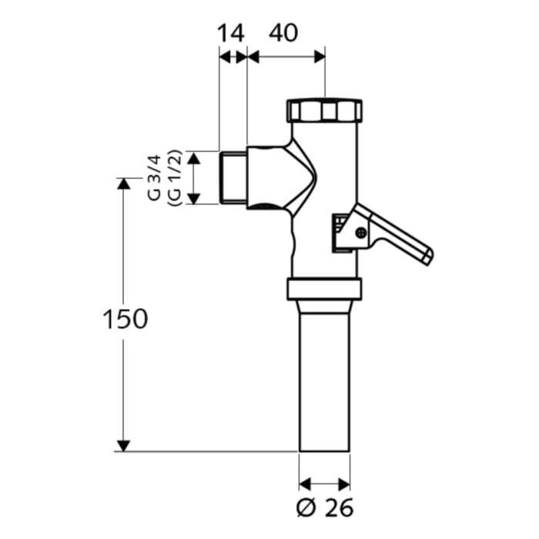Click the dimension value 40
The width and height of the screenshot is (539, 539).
click(283, 33)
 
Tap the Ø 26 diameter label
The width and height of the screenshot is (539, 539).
click(324, 508)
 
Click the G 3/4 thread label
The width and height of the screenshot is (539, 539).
click(156, 178)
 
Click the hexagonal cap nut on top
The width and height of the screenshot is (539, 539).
click(324, 111)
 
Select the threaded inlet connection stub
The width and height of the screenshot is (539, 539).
click(233, 178)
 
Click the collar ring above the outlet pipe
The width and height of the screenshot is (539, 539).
click(324, 290)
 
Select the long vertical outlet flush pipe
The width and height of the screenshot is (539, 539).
click(324, 377)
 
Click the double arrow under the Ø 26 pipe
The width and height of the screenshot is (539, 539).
click(324, 484)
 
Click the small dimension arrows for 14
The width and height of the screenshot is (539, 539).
click(233, 56)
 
